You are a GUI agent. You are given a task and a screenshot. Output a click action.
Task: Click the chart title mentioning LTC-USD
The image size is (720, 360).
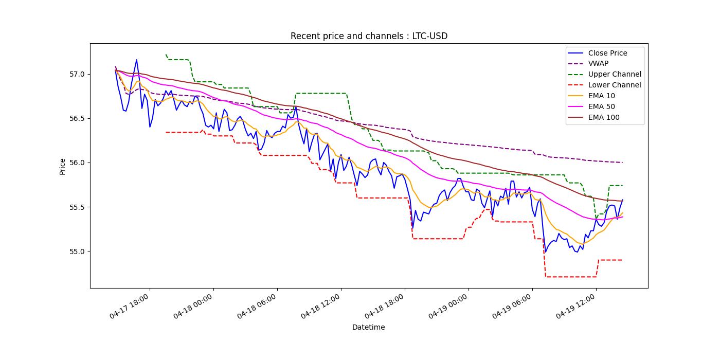[369, 36]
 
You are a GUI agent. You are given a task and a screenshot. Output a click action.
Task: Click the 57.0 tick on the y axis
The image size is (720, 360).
[78, 74]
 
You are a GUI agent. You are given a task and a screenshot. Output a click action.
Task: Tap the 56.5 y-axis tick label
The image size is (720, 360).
[78, 118]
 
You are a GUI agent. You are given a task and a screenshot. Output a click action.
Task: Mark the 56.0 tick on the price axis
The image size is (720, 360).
[78, 163]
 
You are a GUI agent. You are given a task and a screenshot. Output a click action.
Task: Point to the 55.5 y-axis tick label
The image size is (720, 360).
[78, 207]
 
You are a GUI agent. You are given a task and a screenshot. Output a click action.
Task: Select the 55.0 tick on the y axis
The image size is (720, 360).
[78, 251]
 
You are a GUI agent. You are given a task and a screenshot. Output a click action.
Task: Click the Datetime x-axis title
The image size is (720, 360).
[368, 327]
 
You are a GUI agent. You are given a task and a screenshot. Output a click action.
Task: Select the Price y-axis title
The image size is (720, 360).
[63, 166]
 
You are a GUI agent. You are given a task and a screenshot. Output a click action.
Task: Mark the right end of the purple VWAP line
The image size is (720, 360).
[622, 163]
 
